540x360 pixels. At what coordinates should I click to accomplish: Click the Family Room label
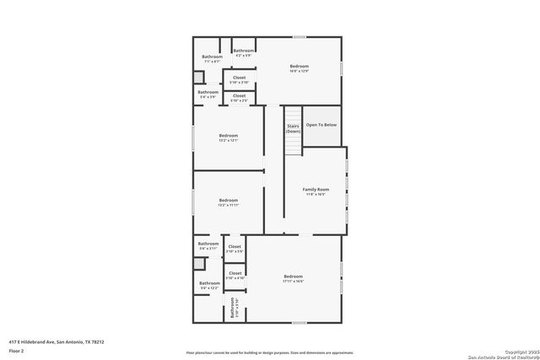coord(316,190)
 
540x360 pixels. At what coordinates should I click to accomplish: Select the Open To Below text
coord(321,125)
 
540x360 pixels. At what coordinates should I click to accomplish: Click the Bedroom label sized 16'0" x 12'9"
coord(300,66)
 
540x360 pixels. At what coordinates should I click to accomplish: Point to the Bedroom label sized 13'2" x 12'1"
coord(229,135)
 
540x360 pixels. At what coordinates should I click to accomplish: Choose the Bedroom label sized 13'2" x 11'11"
coord(229,201)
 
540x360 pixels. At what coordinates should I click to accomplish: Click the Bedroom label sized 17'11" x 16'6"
coord(293,277)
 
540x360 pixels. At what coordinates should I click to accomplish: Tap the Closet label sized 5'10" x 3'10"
coord(239,78)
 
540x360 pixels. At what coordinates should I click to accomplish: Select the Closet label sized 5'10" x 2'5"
coord(239,96)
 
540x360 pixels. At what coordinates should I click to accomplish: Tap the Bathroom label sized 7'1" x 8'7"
coord(212,57)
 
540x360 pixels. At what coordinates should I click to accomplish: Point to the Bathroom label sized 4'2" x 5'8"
coord(244,51)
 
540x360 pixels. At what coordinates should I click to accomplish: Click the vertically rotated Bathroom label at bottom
coord(234,308)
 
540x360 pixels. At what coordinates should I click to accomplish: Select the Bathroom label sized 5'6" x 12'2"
coord(209,284)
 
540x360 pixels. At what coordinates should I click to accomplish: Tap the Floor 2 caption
coord(16,351)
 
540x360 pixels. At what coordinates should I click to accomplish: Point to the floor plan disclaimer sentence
coord(269,352)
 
